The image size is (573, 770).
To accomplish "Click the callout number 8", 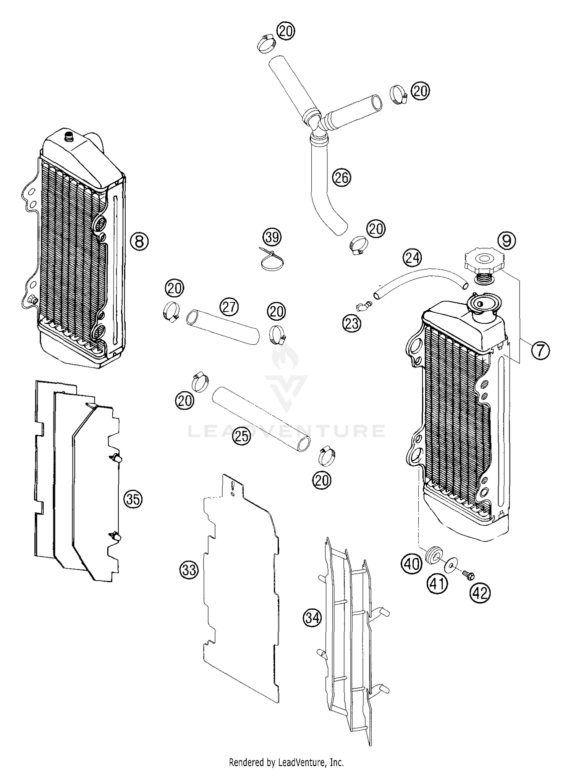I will [x=139, y=241].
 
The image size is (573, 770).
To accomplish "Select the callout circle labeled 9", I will [x=507, y=240].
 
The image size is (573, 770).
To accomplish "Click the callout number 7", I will [x=540, y=350].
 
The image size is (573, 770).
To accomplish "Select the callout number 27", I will [x=229, y=307].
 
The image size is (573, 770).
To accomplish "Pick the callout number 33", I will [x=189, y=570].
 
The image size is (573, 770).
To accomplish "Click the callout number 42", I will [x=480, y=593].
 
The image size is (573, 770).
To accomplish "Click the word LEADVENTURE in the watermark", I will [x=286, y=431].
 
